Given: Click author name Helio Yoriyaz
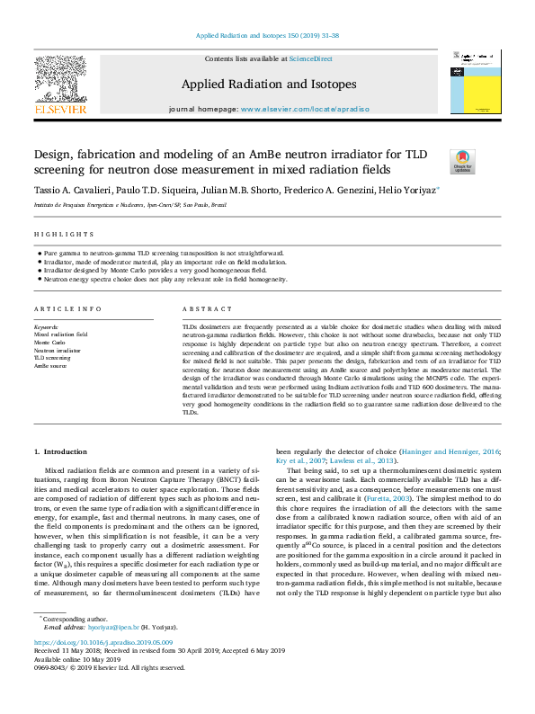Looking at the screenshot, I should [415, 191].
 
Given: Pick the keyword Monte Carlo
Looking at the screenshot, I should [49, 343].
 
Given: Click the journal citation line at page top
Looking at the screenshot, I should [267, 36].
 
